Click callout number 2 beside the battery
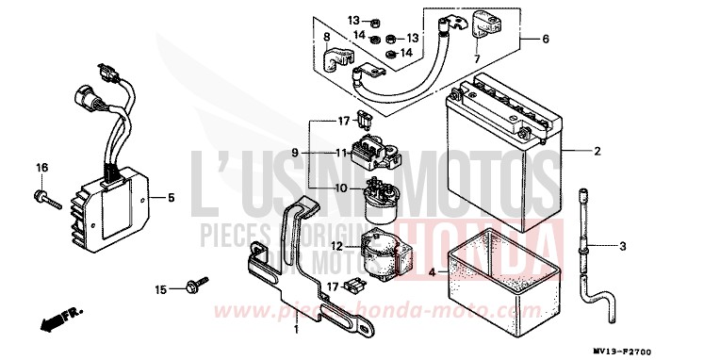coord(597,151)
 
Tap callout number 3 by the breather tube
coord(623,247)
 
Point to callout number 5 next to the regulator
coord(172,198)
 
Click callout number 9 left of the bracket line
coord(294,153)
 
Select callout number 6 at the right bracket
coord(545,40)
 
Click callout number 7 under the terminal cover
coord(477,58)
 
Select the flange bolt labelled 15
coord(195,286)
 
